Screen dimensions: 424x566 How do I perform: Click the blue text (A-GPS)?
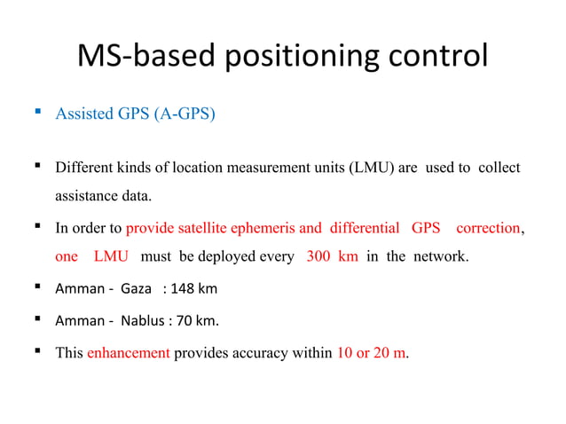coord(183,114)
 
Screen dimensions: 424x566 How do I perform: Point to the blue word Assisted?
coord(82,114)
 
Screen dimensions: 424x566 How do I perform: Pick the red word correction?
coord(488,228)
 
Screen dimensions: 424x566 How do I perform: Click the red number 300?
coord(319,257)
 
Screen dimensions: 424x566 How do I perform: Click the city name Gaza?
coord(137,290)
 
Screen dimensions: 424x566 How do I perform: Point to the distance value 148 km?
coord(192,290)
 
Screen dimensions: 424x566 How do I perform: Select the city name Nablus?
coord(142,321)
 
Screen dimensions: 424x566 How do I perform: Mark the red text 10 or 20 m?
coord(372,352)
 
